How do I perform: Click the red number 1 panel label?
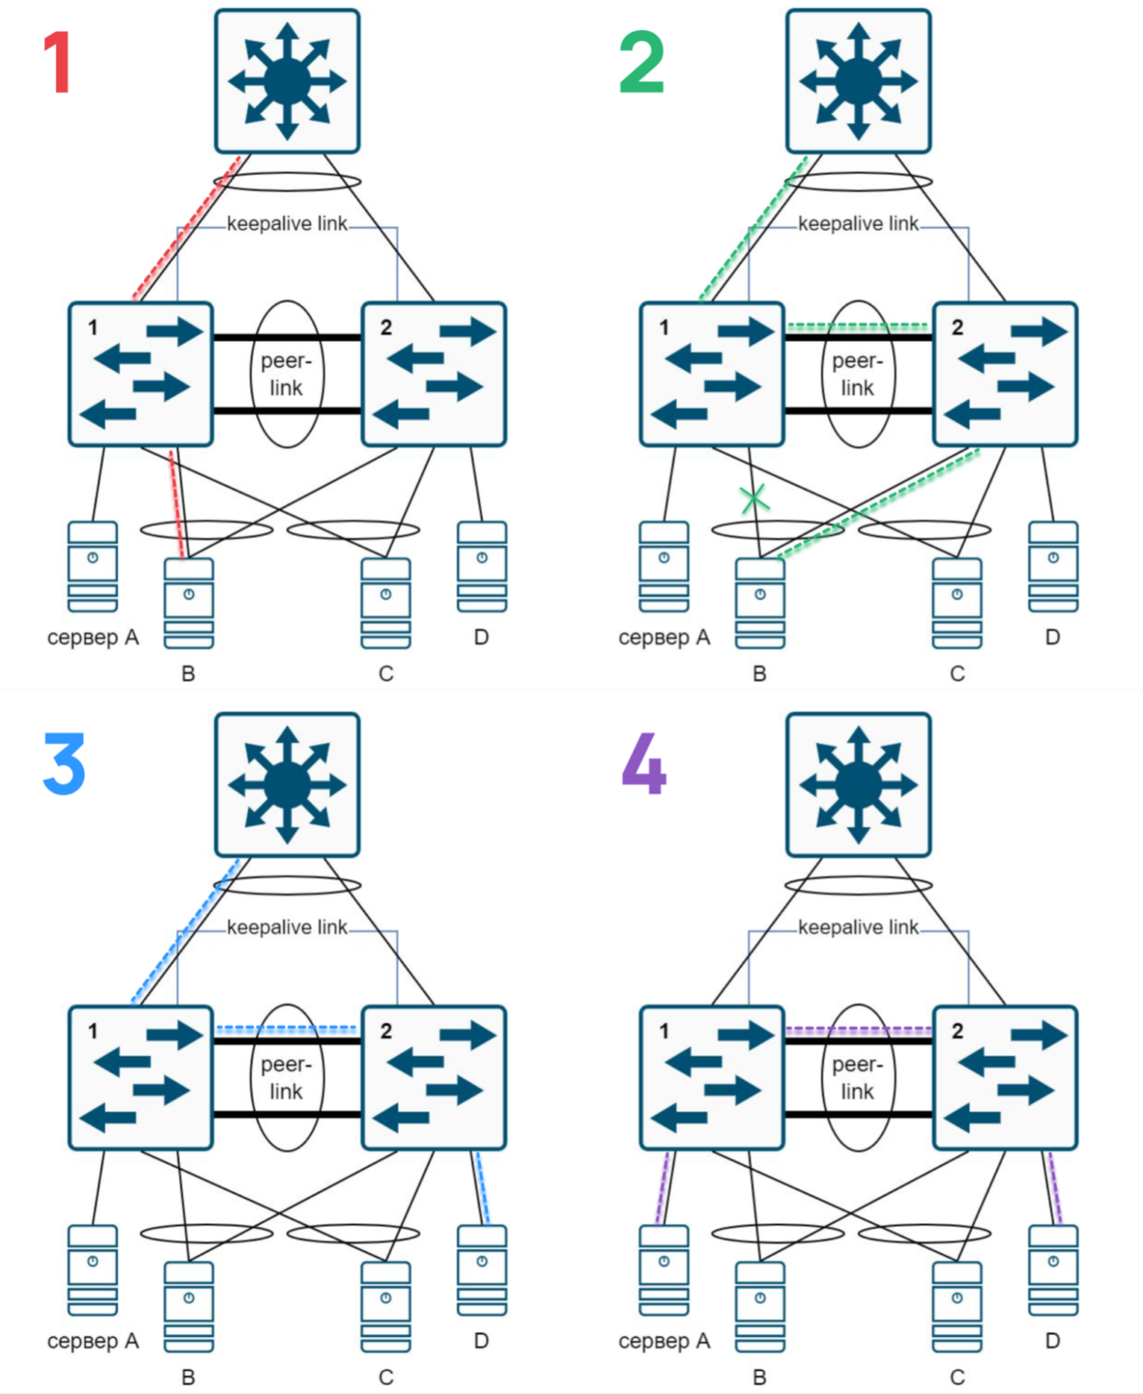[x=58, y=62]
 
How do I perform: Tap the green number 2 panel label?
[x=641, y=62]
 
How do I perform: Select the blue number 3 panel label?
[x=64, y=763]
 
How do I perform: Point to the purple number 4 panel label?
[x=644, y=763]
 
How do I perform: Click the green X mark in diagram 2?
[x=754, y=499]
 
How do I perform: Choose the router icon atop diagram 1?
[x=287, y=81]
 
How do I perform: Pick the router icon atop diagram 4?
[x=859, y=784]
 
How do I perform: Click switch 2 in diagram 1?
[x=434, y=374]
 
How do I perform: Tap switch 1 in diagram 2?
[x=712, y=374]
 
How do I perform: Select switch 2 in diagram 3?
[x=434, y=1078]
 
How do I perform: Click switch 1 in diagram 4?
[x=712, y=1078]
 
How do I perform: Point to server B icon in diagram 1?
[x=188, y=603]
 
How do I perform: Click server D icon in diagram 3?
[x=482, y=1271]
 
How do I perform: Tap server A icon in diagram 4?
[x=664, y=1271]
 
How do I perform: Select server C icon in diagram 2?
[x=956, y=603]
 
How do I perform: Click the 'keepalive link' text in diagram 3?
[x=287, y=928]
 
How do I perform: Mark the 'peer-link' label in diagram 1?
[x=286, y=374]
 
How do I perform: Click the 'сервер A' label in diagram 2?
[x=664, y=637]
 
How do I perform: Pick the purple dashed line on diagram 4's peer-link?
[x=859, y=1030]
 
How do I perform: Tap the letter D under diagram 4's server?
[x=1052, y=1341]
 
